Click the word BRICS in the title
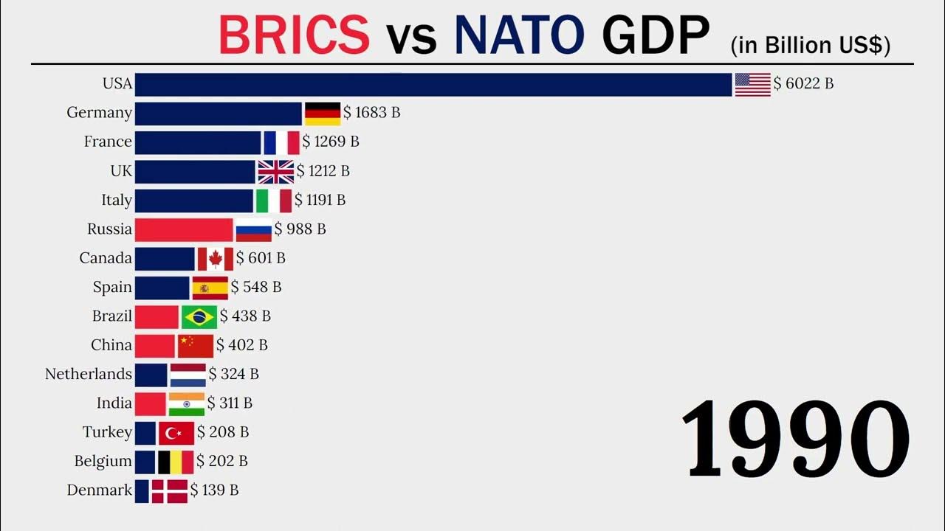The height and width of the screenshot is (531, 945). [294, 35]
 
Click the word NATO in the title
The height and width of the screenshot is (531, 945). [518, 35]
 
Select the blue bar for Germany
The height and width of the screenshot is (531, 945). [219, 114]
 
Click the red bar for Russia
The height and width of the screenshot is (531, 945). [184, 229]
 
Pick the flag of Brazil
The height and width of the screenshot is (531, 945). [199, 316]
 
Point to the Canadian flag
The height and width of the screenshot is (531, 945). [216, 259]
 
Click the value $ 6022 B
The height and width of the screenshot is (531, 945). [803, 84]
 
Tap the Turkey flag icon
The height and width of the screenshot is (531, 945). [176, 433]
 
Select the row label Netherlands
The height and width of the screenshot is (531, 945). [89, 375]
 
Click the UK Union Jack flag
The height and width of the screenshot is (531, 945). [275, 172]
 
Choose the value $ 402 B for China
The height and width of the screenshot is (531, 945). [242, 345]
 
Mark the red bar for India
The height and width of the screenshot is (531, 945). [151, 403]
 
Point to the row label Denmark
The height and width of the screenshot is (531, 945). [100, 490]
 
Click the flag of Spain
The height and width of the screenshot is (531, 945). [210, 288]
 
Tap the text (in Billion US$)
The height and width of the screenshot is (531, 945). [810, 46]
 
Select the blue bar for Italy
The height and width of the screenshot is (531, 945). [194, 201]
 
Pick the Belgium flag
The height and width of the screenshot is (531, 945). [176, 462]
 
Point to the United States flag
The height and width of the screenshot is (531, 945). [753, 85]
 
